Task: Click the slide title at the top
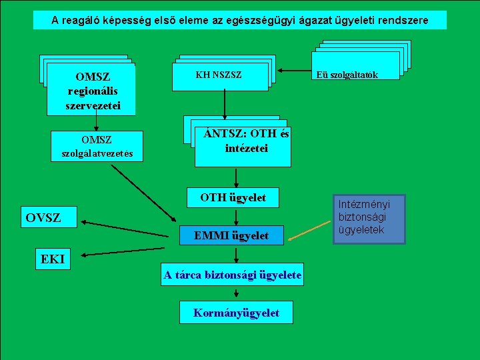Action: [240, 21]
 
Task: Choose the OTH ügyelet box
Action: [233, 197]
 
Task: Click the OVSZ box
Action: [43, 218]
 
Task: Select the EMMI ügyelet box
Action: [231, 235]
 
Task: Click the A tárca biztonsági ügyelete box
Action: [232, 275]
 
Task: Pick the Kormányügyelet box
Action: [236, 313]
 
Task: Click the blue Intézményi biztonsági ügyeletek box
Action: [369, 218]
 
